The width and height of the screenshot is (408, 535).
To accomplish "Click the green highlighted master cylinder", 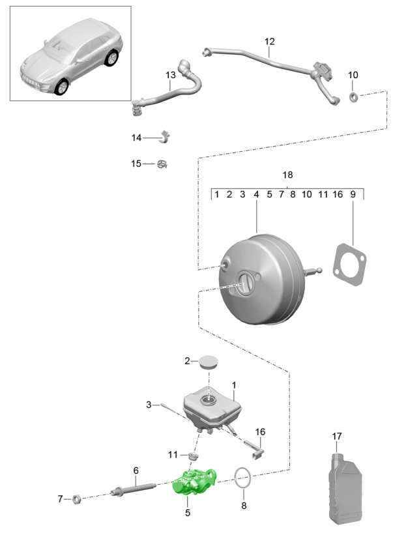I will coord(194,483).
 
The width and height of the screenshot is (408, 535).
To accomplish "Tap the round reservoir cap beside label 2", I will coord(209,362).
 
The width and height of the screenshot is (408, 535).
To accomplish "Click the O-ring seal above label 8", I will coord(242,478).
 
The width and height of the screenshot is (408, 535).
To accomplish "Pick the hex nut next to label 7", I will coord(76,499).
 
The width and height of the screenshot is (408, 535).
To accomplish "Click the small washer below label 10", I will coord(353,98).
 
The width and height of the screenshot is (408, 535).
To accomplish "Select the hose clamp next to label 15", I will coord(162,165).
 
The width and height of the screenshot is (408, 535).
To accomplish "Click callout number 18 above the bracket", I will coord(287,175).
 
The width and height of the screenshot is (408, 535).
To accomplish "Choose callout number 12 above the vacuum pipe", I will coord(270,42).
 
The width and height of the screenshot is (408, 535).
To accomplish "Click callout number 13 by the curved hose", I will coord(171,76).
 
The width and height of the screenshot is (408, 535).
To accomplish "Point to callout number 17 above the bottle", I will coord(336,435).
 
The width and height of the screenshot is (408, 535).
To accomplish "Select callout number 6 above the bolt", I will coord(136,470).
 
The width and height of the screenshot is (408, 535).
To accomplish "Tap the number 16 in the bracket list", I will coord(338,194).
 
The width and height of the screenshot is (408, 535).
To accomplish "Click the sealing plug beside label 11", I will coord(192,454).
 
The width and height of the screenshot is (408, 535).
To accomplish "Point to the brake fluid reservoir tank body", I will coord(211,407).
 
